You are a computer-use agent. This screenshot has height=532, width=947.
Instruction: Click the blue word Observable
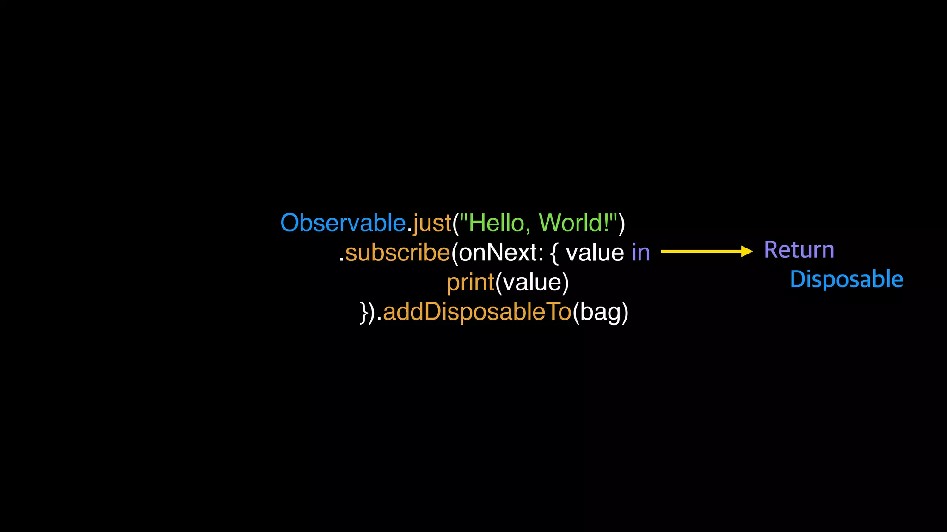click(343, 223)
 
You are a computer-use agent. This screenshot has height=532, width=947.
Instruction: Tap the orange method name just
click(432, 224)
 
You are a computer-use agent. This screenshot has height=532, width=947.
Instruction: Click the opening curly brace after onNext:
click(554, 253)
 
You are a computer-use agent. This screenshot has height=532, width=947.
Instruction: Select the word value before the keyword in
click(595, 253)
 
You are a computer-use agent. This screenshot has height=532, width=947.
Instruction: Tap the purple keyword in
click(641, 253)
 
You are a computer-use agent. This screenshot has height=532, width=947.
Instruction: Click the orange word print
click(470, 283)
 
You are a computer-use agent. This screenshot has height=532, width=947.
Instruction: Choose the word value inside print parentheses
click(532, 282)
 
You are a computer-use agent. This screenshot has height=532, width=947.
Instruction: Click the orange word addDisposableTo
click(477, 312)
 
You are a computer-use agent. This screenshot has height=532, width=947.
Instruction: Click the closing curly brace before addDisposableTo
click(364, 312)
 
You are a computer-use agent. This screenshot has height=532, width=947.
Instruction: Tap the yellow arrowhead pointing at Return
click(746, 251)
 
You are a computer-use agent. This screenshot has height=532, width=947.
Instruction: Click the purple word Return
click(799, 250)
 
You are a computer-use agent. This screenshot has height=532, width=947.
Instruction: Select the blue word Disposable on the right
click(846, 279)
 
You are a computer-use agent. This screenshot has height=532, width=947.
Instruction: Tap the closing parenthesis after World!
click(622, 224)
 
